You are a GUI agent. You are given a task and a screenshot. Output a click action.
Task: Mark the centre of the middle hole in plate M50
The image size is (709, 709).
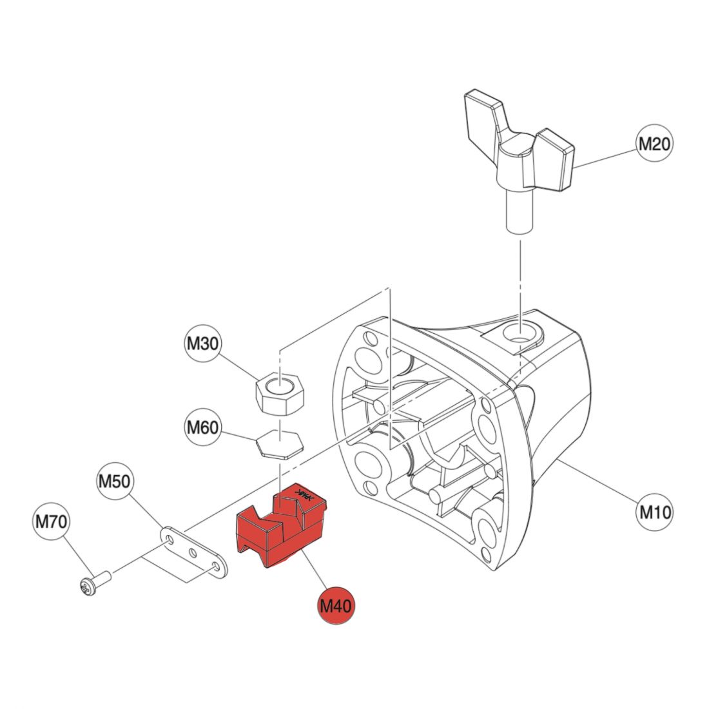(x=192, y=552)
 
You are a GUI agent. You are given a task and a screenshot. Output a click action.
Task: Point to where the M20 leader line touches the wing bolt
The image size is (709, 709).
(x=574, y=168)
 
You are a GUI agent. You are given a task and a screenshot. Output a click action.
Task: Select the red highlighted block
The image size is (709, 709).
(x=281, y=527)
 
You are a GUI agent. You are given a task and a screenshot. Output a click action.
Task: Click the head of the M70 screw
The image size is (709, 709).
(x=86, y=587)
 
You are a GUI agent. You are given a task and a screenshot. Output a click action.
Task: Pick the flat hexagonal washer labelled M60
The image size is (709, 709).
(x=280, y=443)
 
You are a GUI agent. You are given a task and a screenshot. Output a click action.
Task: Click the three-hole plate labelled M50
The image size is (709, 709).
(x=193, y=552)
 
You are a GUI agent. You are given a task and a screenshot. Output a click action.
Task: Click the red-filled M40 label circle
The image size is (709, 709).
(x=336, y=605)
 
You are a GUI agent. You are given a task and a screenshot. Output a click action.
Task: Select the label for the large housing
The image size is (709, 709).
(x=655, y=512)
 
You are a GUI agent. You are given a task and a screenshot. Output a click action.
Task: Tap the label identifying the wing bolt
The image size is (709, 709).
(x=655, y=143)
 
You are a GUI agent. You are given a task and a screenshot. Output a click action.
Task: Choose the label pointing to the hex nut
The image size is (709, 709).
(x=203, y=343)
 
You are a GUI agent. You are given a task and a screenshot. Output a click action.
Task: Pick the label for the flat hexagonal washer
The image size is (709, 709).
(x=203, y=427)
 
